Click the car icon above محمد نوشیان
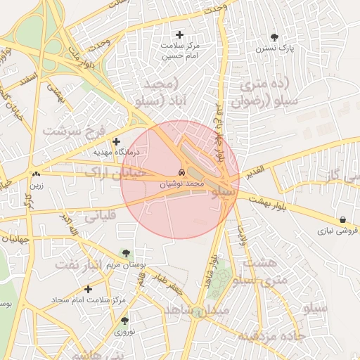click(x=181, y=173)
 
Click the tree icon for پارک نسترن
click(x=274, y=37)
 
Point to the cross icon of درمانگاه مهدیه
click(x=116, y=141)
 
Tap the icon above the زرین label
click(x=35, y=174)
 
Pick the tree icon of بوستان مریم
click(x=125, y=253)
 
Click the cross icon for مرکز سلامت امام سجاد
click(x=88, y=288)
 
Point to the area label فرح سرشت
click(x=73, y=131)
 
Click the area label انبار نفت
click(x=84, y=264)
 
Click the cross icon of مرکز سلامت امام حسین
click(x=179, y=34)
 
